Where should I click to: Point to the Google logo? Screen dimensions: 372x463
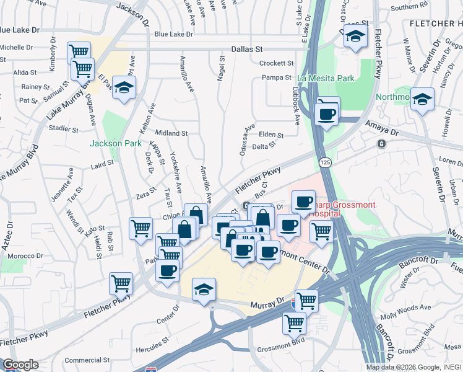tap(20, 365)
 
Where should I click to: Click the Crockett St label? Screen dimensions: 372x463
tap(276, 63)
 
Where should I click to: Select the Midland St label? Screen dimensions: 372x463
tap(171, 133)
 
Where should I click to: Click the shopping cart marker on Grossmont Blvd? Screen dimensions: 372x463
tap(294, 322)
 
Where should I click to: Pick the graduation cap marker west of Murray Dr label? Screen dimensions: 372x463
tap(204, 289)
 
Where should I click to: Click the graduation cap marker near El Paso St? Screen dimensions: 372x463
tap(124, 88)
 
